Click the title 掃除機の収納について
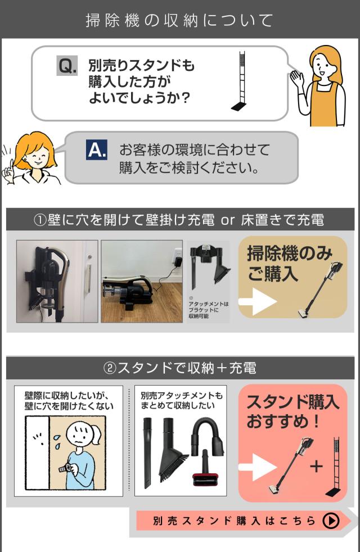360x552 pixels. [x=179, y=20]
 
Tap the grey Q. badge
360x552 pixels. [x=68, y=67]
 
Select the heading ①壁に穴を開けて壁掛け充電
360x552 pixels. [x=180, y=220]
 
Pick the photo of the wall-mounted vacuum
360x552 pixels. [x=57, y=281]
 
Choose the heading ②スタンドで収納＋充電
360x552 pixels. [x=180, y=368]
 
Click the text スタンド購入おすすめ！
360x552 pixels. [x=292, y=411]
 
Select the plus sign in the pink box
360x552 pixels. [x=317, y=467]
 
